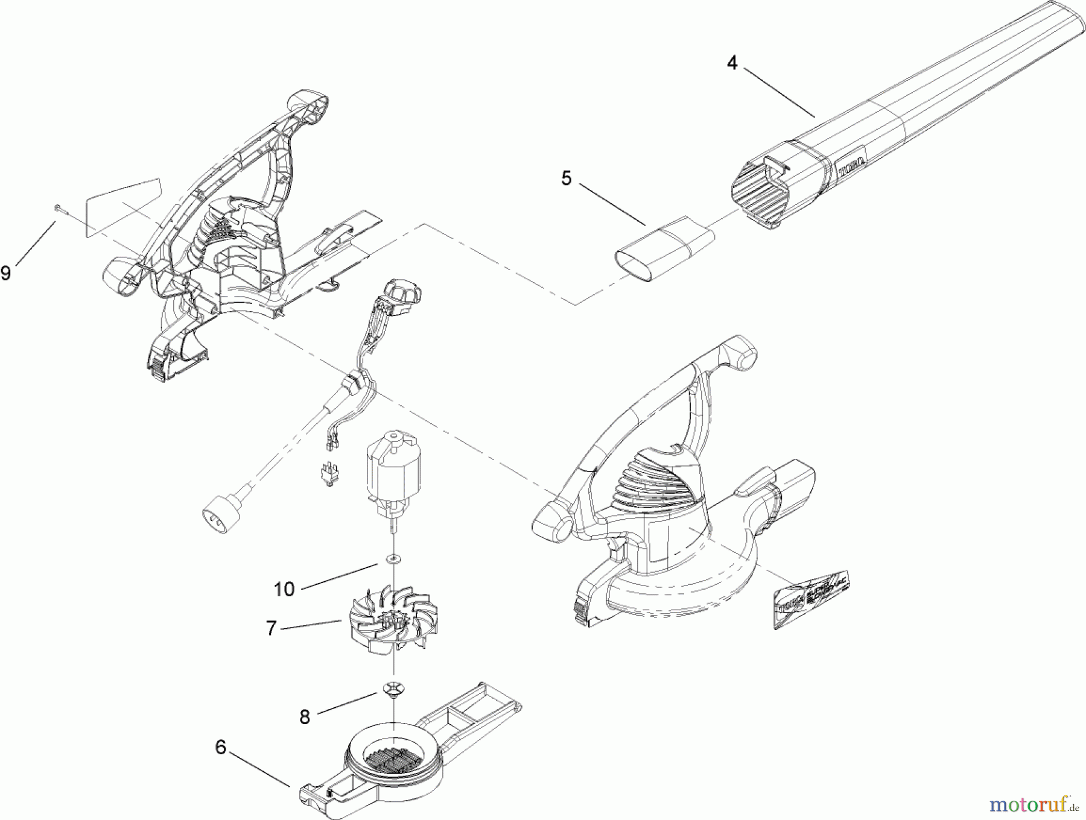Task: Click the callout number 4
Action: click(732, 62)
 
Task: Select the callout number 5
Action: click(566, 178)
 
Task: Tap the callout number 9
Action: click(6, 273)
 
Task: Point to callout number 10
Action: click(284, 588)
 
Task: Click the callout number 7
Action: click(271, 629)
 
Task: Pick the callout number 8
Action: click(305, 716)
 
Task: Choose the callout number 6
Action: click(220, 748)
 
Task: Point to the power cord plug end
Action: click(220, 517)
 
